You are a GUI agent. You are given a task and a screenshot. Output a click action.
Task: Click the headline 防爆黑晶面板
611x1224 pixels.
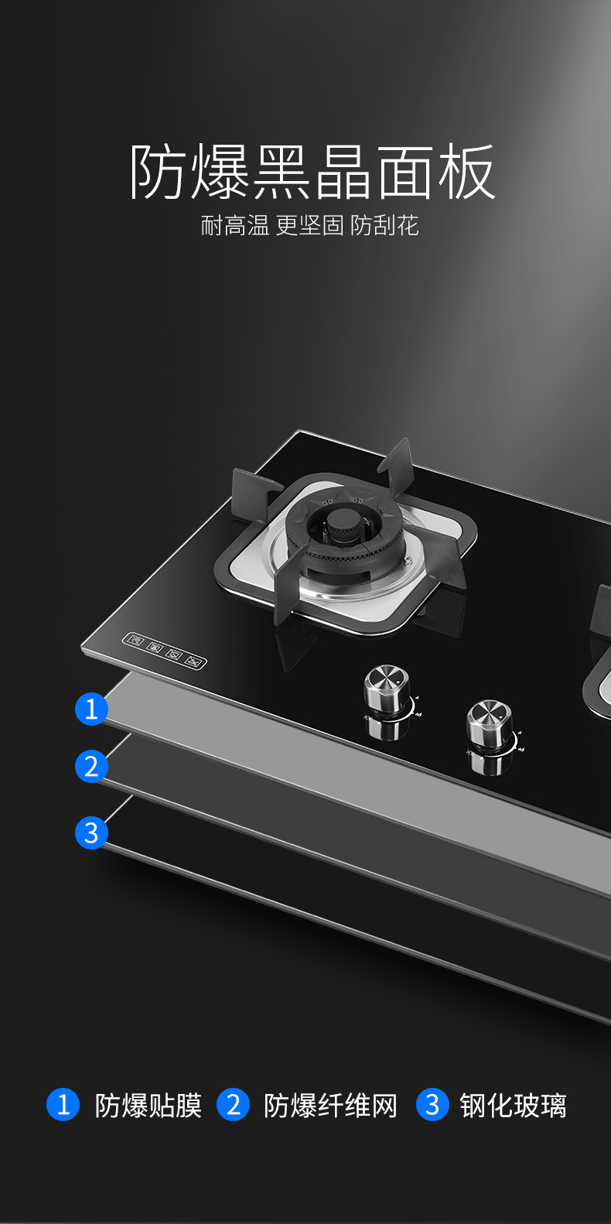(x=312, y=172)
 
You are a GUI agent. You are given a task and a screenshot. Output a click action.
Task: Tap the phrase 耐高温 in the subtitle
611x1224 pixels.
(x=235, y=225)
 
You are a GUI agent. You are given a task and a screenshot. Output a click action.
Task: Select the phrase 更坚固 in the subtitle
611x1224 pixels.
(x=309, y=225)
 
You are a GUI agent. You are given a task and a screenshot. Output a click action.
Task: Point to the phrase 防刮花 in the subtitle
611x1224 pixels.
(x=384, y=225)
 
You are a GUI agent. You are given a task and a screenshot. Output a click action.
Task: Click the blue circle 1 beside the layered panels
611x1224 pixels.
(x=91, y=709)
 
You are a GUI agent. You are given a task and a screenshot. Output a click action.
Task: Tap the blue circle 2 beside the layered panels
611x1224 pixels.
(x=91, y=766)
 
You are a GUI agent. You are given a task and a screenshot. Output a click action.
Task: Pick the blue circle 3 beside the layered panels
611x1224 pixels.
(x=91, y=833)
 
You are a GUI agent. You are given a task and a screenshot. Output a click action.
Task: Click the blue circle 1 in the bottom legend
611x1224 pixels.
(x=63, y=1104)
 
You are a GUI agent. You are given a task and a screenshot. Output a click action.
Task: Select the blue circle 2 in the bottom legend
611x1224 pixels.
(x=233, y=1104)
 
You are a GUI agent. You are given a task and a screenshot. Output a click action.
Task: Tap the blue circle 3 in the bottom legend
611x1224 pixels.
(x=432, y=1104)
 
